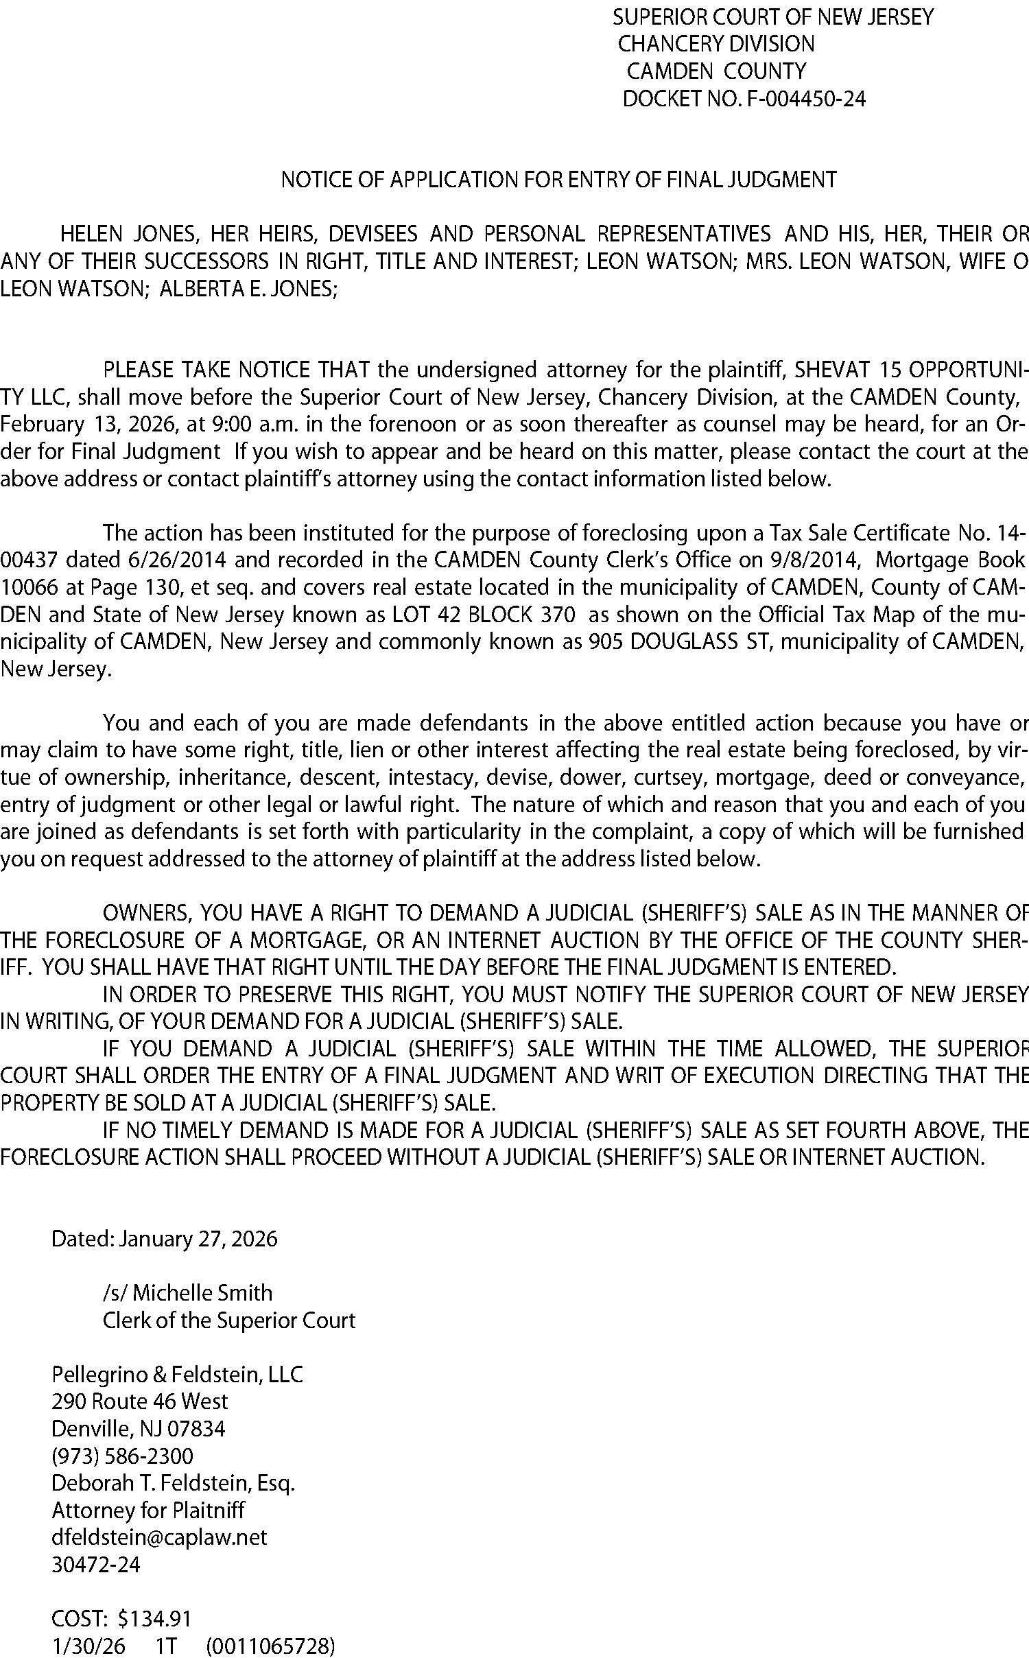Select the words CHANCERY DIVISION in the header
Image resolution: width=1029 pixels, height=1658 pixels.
pos(716,45)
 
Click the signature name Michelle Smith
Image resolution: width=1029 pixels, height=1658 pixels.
pos(202,1293)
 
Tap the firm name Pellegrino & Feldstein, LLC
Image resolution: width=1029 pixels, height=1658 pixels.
pos(177,1375)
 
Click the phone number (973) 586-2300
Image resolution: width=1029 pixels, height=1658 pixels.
pos(123,1456)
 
